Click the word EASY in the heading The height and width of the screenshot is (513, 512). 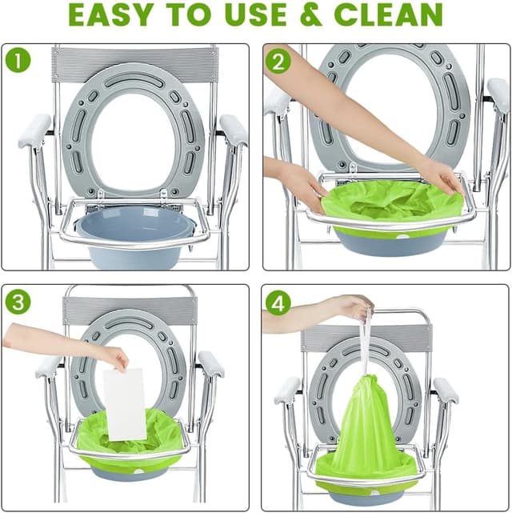[110, 14]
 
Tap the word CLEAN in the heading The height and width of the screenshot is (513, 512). [388, 14]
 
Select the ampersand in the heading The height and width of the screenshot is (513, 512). [310, 14]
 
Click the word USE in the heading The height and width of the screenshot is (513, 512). [255, 14]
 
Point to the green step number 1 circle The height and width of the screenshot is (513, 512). [18, 60]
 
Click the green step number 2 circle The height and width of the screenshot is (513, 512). [278, 60]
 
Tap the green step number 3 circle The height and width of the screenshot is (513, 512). [18, 302]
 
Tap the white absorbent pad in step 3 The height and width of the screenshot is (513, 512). [124, 404]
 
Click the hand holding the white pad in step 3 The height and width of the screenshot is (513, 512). [114, 358]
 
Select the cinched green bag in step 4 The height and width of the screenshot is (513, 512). [366, 432]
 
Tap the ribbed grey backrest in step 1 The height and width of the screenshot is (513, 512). [134, 64]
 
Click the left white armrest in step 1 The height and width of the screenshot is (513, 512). [34, 130]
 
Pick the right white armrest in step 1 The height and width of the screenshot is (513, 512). [234, 130]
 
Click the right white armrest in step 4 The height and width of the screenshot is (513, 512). [446, 391]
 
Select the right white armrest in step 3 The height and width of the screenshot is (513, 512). [211, 364]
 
